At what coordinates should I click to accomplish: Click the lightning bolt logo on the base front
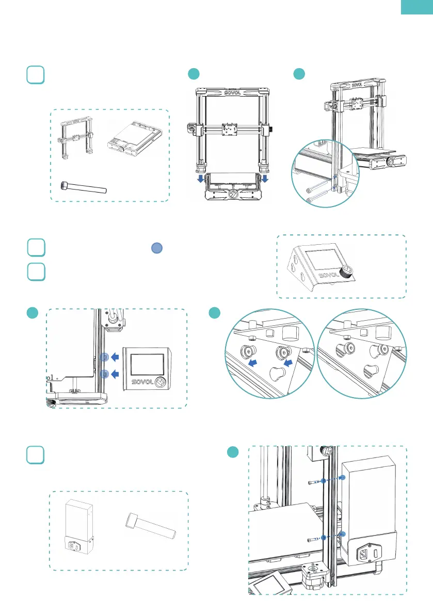pos(233,194)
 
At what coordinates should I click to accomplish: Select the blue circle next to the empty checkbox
pos(158,248)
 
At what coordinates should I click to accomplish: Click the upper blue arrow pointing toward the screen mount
pos(117,357)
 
